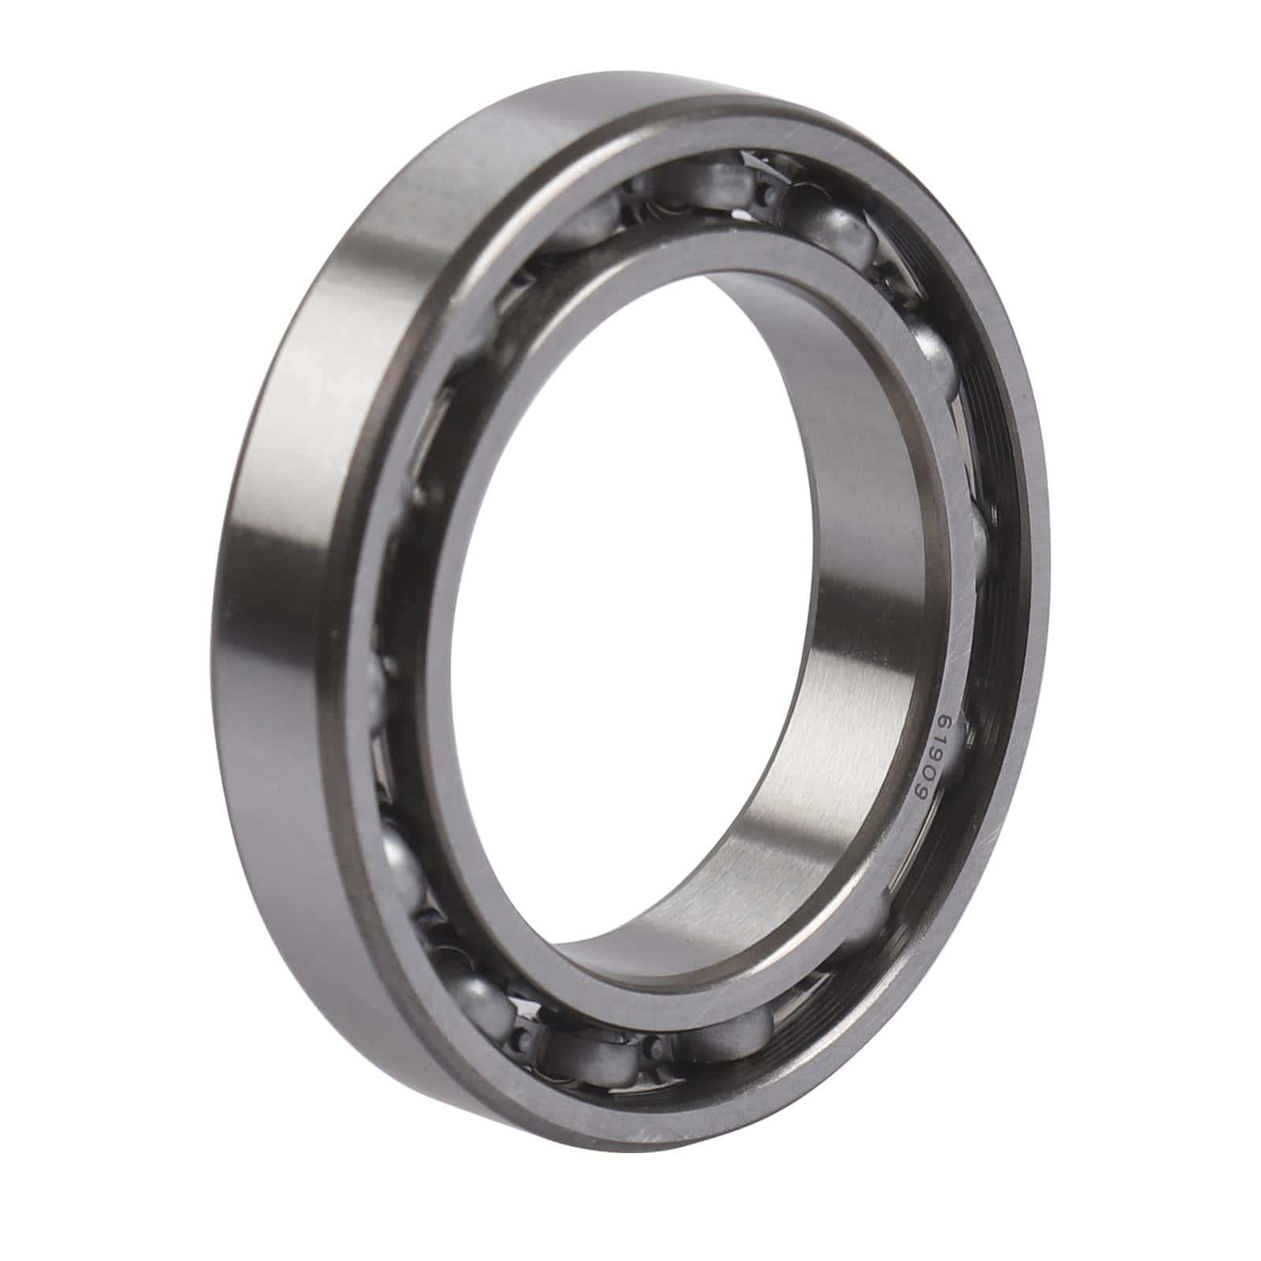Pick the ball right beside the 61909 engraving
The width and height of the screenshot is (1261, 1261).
[x=977, y=544]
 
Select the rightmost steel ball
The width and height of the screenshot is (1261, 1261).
[x=977, y=544]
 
